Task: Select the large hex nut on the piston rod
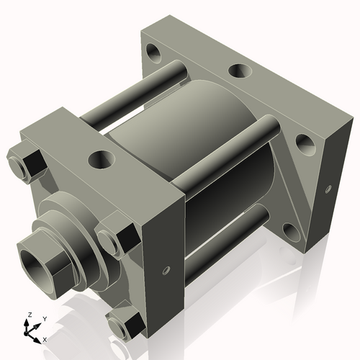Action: [45, 261]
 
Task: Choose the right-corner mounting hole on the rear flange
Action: [305, 143]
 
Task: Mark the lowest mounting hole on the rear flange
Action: [291, 231]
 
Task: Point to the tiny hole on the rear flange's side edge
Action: [328, 189]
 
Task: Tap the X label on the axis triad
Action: [45, 338]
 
